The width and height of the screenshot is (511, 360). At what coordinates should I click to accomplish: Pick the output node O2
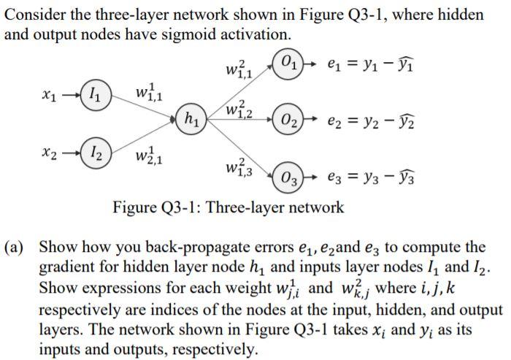[285, 118]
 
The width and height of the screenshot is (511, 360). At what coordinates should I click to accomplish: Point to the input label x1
[48, 96]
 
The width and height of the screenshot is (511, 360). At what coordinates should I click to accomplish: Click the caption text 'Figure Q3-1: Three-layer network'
[228, 207]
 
